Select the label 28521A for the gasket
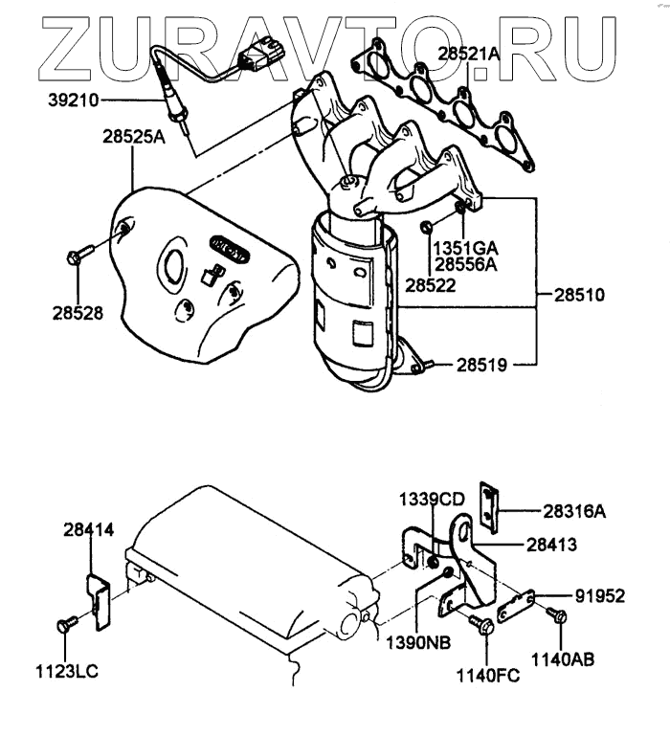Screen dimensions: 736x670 (x=469, y=55)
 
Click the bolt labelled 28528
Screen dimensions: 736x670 (x=79, y=255)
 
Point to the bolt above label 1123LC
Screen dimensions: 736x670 (x=67, y=623)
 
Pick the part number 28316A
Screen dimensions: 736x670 (x=573, y=512)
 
